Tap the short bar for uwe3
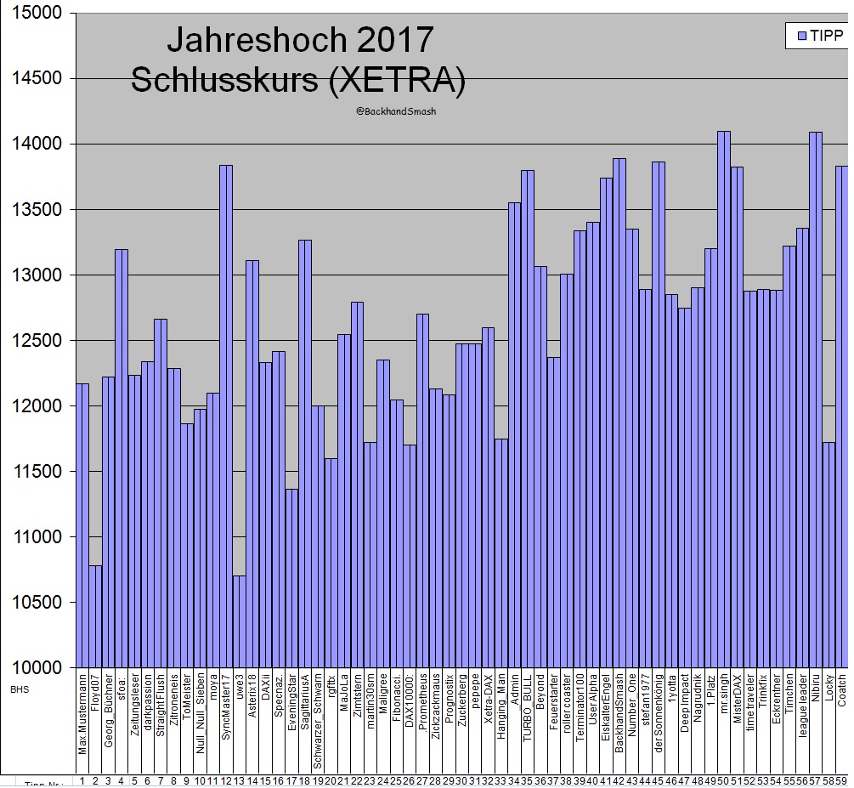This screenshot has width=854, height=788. click(239, 621)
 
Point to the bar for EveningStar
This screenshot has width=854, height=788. click(291, 578)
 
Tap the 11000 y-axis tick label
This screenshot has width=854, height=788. click(40, 537)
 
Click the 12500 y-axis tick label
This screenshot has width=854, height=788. click(40, 341)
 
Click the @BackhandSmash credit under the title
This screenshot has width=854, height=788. click(396, 111)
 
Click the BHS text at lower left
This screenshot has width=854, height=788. click(20, 689)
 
